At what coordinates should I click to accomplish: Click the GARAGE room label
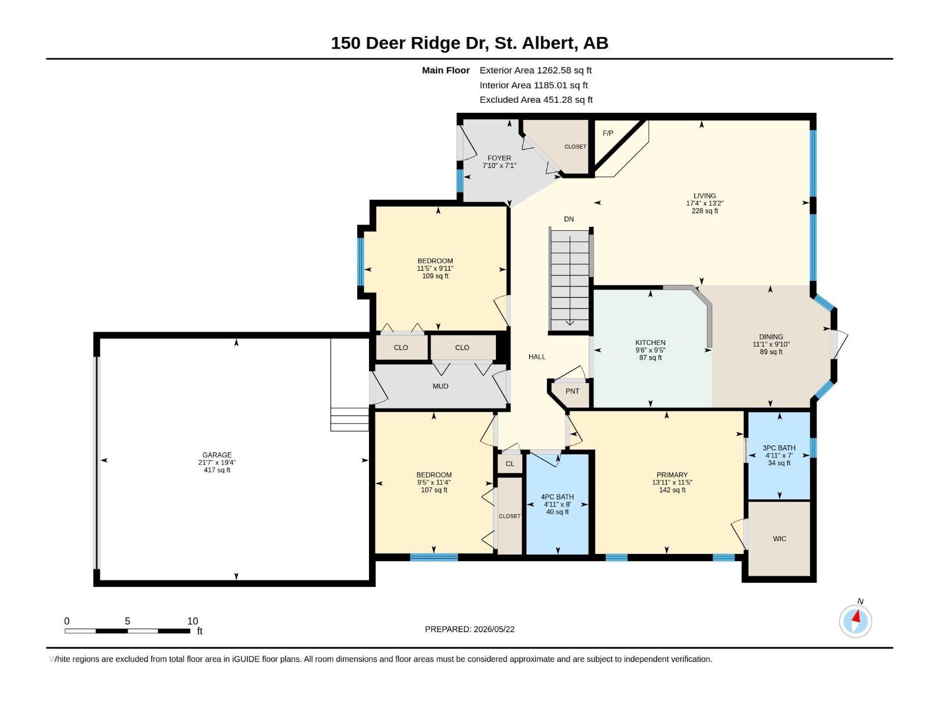217,455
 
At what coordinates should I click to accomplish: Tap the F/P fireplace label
607,133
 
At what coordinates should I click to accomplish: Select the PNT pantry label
572,391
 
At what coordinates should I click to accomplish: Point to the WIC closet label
780,539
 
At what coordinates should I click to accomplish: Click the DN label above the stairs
569,219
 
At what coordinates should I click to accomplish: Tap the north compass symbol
855,620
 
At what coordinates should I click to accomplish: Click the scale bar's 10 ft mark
193,620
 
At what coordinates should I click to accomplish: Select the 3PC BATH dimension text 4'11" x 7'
779,455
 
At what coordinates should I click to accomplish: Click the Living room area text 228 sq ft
704,210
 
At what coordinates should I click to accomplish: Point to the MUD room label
440,386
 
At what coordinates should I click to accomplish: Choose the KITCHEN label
650,343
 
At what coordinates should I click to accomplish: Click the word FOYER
499,158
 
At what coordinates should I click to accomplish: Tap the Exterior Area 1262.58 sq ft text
535,70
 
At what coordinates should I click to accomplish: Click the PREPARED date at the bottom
470,629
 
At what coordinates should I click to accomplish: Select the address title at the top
469,43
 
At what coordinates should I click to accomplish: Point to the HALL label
536,357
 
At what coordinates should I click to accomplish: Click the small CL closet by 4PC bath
509,464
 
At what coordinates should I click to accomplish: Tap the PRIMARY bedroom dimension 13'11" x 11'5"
672,482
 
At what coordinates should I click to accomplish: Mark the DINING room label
771,337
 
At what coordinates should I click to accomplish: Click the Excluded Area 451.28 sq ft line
536,100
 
